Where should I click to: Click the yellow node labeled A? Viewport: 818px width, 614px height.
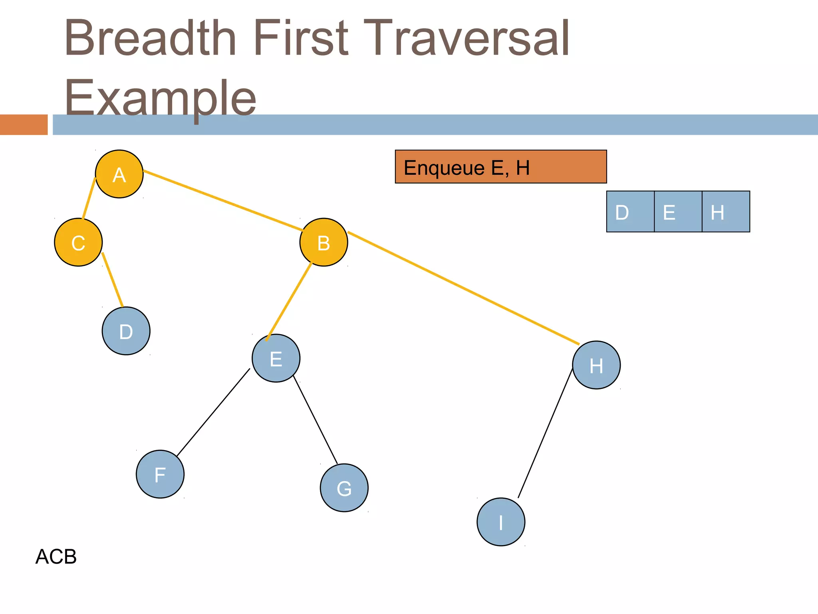point(119,174)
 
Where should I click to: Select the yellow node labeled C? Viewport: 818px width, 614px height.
point(78,242)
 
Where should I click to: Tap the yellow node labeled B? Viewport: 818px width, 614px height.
point(324,242)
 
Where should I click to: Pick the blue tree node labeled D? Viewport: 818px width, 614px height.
point(126,331)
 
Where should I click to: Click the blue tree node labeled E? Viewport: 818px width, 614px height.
point(276,358)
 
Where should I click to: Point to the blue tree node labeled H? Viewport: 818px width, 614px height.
point(596,365)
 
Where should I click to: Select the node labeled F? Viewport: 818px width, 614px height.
point(160,474)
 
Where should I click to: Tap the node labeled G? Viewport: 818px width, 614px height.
point(344,488)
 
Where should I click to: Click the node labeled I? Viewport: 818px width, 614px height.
point(500,522)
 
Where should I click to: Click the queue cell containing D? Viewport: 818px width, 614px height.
point(630,211)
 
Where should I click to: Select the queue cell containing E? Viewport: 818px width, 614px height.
point(678,211)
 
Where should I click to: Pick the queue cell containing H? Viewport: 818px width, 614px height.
point(726,211)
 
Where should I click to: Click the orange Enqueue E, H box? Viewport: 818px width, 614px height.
point(500,167)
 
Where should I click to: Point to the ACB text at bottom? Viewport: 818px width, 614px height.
point(56,556)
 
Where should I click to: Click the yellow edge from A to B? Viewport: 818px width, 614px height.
point(222,201)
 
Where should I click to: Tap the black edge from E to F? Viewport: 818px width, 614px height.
point(213,413)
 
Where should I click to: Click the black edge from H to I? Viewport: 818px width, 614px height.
point(545,433)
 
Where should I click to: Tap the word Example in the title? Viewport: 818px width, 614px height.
point(160,98)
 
